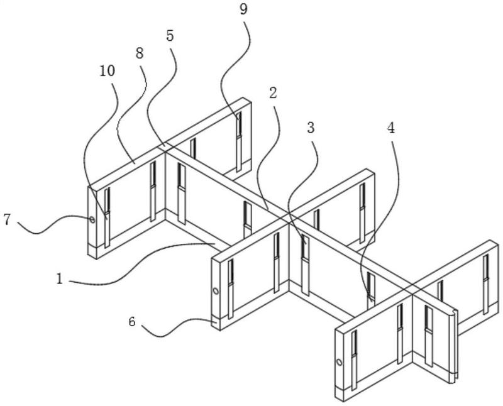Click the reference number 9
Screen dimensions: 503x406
(243, 9)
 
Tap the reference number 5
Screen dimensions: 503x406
(170, 36)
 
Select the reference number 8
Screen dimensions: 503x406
(140, 53)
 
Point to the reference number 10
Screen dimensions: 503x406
(107, 71)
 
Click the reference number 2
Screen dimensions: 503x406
(273, 93)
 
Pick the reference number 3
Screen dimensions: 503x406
(310, 128)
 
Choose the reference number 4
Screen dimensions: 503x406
(390, 128)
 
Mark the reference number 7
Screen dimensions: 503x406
(8, 220)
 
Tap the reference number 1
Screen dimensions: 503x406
(59, 278)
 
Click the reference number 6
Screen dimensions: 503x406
(132, 321)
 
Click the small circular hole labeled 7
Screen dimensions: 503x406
(92, 220)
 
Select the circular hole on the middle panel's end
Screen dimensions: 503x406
(216, 291)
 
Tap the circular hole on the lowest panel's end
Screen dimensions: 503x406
(339, 363)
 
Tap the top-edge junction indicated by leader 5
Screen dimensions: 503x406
(165, 146)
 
